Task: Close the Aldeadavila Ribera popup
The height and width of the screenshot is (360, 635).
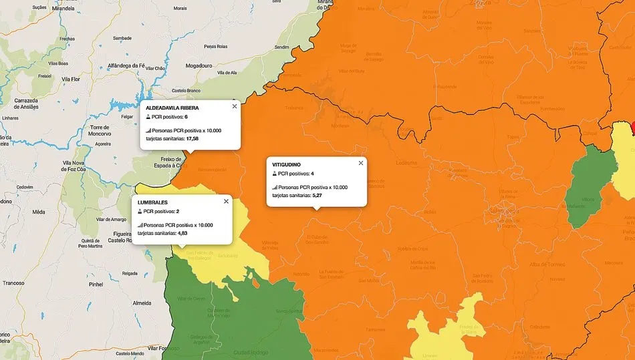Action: coord(234,106)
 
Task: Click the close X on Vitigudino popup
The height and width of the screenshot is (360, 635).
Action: coord(361,163)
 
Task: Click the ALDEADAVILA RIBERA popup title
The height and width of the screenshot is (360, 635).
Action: coord(172,108)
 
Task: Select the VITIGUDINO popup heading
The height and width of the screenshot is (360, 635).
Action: coord(286,164)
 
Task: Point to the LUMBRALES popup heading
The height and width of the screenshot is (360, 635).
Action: coord(152,202)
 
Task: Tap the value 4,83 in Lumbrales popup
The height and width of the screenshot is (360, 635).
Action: coord(182,234)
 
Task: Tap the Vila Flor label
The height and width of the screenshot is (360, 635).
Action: coord(70,78)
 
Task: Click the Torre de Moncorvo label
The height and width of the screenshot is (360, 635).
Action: coord(99,130)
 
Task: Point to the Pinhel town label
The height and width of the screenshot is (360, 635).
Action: coord(96,284)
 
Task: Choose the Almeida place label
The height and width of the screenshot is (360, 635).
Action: coord(142,303)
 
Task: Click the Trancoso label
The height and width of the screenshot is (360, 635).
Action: coord(13,283)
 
